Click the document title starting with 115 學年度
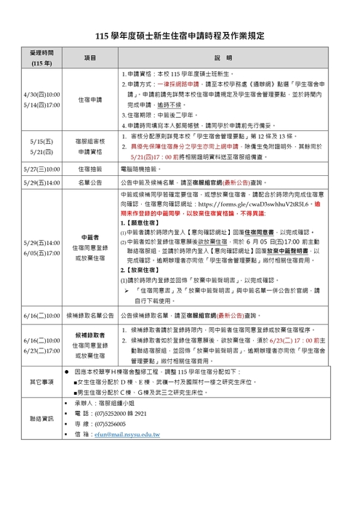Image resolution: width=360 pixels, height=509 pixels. click(x=180, y=35)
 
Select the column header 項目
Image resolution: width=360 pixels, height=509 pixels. click(x=90, y=57)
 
